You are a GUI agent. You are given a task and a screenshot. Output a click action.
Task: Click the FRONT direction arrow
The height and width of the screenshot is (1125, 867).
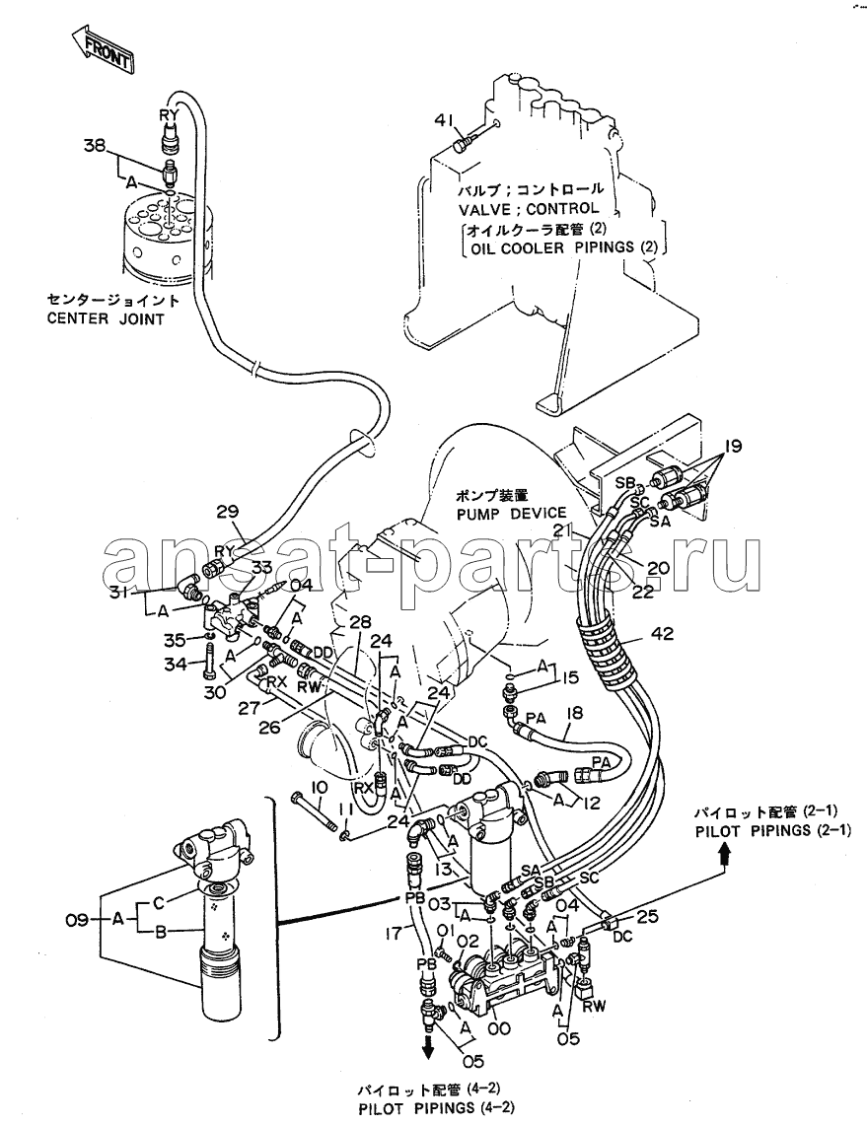pyautogui.click(x=103, y=50)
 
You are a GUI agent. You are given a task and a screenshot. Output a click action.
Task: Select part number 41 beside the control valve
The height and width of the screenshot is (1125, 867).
pyautogui.click(x=444, y=121)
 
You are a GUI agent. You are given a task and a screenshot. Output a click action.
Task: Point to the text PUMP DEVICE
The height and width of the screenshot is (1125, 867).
pyautogui.click(x=511, y=513)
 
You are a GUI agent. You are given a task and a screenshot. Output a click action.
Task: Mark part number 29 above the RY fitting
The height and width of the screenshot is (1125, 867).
pyautogui.click(x=228, y=511)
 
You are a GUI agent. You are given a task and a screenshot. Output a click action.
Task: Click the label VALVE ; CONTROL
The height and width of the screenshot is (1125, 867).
pyautogui.click(x=528, y=208)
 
